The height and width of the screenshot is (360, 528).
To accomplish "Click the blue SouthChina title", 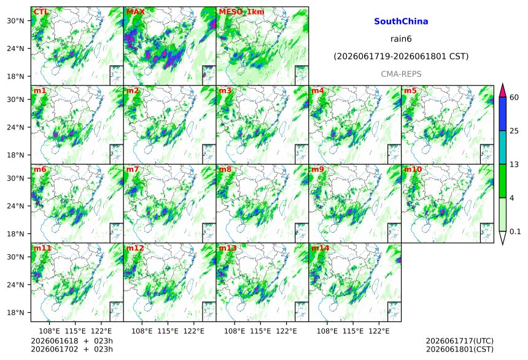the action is point(401,22).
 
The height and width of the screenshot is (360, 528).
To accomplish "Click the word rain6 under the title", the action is point(401,39).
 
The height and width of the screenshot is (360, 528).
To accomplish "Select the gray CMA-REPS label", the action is point(401,74).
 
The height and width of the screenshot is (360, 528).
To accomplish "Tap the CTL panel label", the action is point(41,12).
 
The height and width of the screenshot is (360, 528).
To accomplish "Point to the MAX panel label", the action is point(135,12).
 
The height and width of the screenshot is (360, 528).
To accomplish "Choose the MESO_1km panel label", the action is point(241,12).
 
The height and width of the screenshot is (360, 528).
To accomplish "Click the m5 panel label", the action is point(410,91).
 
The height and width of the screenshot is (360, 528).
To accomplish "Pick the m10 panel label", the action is point(413,170).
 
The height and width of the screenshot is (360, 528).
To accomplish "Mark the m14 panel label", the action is point(320,248).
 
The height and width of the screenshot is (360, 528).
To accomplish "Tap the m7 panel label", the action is point(133,170).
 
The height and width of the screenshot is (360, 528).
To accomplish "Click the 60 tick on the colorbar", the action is point(514,98).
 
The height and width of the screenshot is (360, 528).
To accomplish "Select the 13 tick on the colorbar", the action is point(514,165).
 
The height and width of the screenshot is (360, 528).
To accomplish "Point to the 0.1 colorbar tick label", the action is point(515,232).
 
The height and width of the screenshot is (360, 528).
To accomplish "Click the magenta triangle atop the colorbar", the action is point(502,92).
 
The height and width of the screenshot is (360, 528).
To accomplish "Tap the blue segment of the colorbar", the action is point(502,114).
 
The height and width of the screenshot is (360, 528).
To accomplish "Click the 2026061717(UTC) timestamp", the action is point(460,341).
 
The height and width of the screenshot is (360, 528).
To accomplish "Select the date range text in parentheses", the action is point(401,57).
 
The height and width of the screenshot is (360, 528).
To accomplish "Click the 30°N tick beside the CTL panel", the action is point(15,21).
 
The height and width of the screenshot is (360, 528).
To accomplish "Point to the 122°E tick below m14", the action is point(379,331).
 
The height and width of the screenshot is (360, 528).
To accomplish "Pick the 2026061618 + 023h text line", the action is point(72,341).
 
